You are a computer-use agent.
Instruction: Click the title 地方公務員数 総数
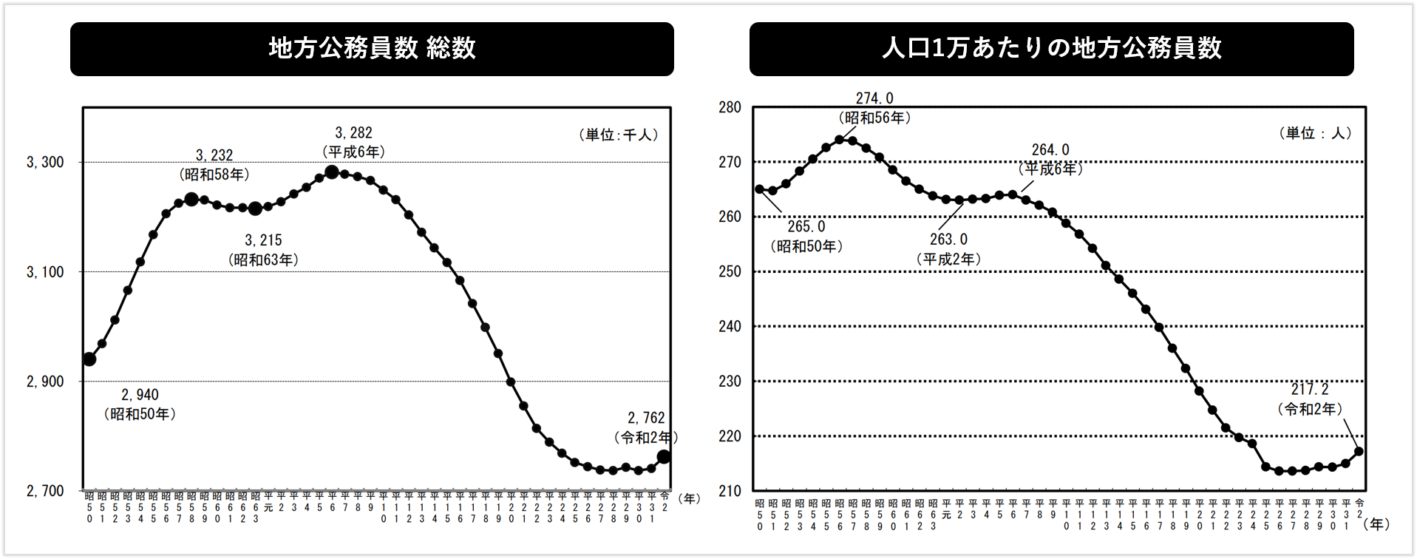(x=372, y=49)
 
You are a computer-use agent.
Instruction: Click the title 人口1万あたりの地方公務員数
(x=1051, y=49)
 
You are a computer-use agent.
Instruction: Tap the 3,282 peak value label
(x=353, y=133)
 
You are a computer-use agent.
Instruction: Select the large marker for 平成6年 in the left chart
(x=332, y=172)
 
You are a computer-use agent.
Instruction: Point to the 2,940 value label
(x=140, y=395)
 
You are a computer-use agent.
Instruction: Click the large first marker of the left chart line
(x=89, y=359)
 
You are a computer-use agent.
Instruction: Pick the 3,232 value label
(x=214, y=155)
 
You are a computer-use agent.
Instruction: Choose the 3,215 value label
(x=263, y=240)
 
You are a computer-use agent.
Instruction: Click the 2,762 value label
(x=646, y=418)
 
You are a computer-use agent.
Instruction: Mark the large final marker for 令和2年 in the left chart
(x=664, y=457)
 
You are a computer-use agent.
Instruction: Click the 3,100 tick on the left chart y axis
(x=45, y=272)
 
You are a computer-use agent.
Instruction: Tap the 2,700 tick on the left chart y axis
(x=45, y=491)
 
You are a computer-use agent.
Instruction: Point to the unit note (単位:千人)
(x=619, y=135)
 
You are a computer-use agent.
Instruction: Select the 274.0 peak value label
(x=874, y=98)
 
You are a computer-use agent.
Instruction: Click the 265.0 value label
(x=806, y=226)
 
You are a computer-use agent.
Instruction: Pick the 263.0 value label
(x=948, y=240)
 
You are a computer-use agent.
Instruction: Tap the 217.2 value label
(x=1310, y=389)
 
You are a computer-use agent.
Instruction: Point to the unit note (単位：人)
(x=1316, y=133)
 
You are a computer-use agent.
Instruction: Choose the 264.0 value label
(x=1050, y=150)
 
